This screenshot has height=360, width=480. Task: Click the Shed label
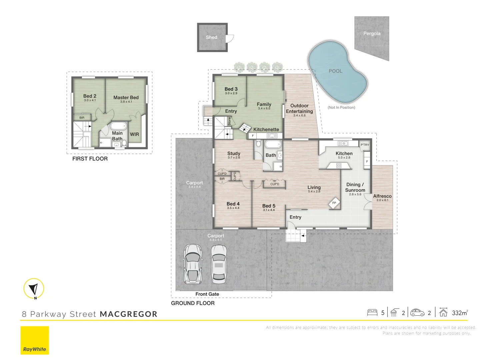coord(211,37)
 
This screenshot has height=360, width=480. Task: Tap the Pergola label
coord(372,33)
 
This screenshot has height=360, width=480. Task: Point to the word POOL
coord(335,71)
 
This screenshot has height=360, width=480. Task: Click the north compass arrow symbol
coord(34,289)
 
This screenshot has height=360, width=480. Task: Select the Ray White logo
coord(35,340)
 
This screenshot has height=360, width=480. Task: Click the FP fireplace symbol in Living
coord(334,203)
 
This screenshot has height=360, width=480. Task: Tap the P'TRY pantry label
coord(365,145)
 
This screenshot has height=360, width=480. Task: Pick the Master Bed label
coord(126,97)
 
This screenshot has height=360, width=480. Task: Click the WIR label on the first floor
coord(134,134)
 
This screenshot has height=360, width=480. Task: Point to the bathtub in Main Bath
coord(118,126)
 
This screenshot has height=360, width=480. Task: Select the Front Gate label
coord(207,294)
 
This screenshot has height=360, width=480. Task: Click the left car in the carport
coord(192,264)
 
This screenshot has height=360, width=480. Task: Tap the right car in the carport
coord(219,264)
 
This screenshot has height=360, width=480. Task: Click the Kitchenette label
coord(266,129)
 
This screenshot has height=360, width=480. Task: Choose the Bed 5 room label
coord(269,206)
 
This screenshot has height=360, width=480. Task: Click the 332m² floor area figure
coord(460,313)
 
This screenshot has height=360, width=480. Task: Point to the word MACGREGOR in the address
coord(129,314)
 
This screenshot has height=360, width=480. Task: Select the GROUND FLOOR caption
coord(193,303)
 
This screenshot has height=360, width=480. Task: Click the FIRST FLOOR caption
coord(90,159)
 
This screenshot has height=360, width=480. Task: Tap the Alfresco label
coord(382,196)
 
